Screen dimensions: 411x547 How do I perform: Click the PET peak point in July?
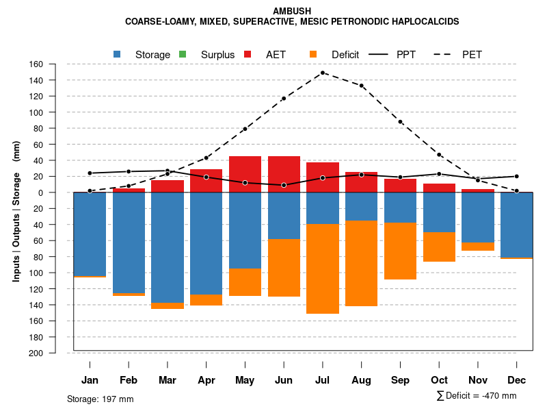(x=322, y=73)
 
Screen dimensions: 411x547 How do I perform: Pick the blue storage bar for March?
(x=168, y=247)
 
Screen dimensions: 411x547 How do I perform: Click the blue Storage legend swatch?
(x=118, y=54)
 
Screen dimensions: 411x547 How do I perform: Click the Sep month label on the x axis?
(x=400, y=380)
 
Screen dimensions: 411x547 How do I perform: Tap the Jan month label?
(x=90, y=380)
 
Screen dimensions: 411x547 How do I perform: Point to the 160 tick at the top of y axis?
(x=36, y=64)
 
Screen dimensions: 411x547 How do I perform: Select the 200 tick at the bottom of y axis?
(x=36, y=353)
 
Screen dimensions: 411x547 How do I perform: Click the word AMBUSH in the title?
(x=292, y=11)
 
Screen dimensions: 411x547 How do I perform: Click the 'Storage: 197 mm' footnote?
(x=101, y=399)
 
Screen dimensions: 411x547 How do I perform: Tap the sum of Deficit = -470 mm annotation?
(x=477, y=396)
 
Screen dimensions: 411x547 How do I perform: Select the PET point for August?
(x=361, y=86)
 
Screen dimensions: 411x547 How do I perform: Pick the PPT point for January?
(x=90, y=173)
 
